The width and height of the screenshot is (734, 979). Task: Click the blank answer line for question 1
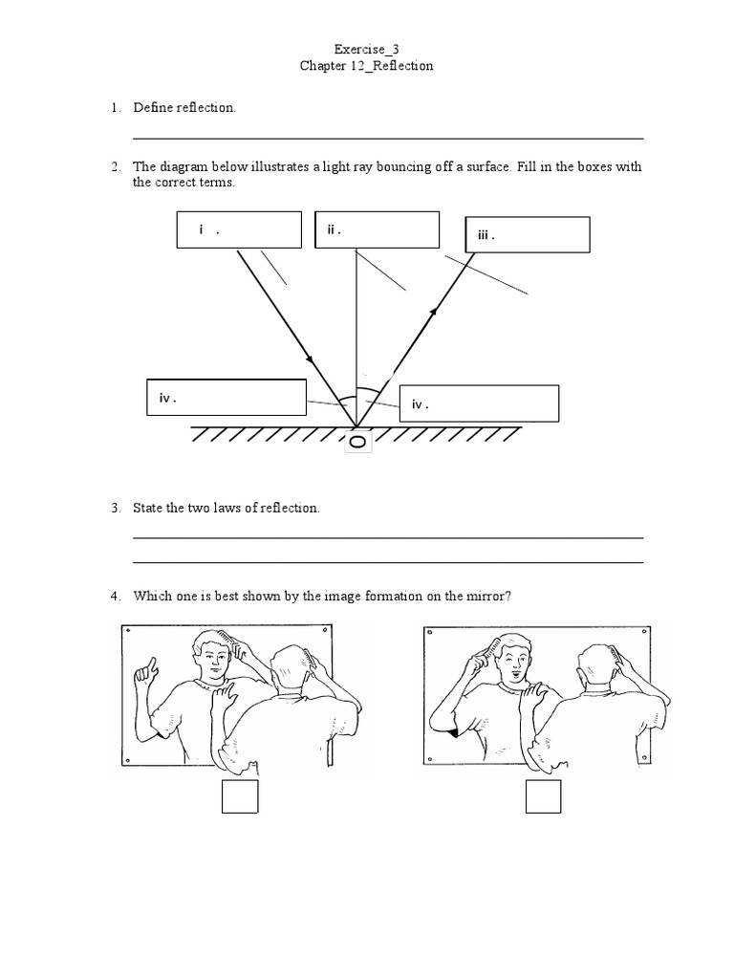[387, 139]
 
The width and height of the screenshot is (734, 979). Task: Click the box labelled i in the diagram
[238, 229]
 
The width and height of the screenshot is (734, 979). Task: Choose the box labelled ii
[377, 229]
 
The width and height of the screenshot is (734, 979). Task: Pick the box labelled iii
[528, 234]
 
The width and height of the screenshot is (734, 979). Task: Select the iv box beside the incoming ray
[226, 397]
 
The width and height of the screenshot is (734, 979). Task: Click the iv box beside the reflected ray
[478, 403]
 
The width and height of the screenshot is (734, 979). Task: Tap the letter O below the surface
[356, 442]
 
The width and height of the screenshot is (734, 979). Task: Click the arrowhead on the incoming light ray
[311, 360]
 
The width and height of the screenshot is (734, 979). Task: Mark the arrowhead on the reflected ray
[436, 310]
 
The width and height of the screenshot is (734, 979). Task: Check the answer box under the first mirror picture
[240, 796]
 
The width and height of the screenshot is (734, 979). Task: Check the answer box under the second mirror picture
[543, 796]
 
